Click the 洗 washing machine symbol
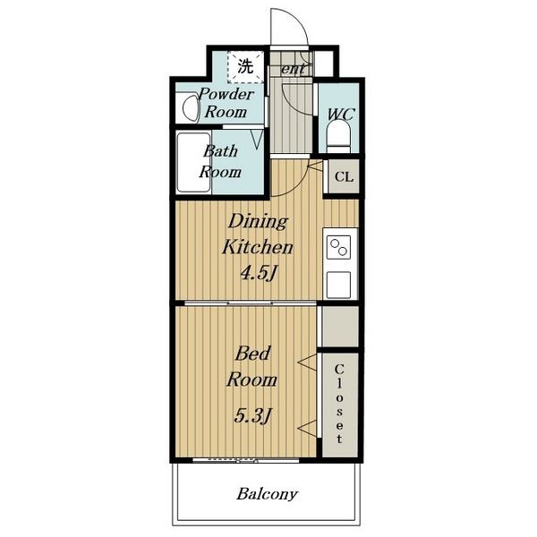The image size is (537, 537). [245, 67]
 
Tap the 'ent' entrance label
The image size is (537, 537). [293, 69]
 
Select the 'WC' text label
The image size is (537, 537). [341, 114]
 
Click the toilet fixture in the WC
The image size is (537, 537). [338, 136]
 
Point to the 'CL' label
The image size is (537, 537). [344, 177]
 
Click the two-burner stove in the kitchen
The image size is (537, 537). [338, 247]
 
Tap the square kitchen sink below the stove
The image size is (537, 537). [338, 285]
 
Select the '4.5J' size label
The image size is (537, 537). [258, 273]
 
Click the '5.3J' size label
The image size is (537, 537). [252, 415]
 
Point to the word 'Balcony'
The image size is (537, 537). [267, 494]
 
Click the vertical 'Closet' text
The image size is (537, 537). [339, 405]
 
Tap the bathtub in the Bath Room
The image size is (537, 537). [193, 162]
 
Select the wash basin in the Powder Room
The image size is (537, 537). [191, 107]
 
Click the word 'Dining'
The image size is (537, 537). [258, 221]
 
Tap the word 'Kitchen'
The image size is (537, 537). [258, 247]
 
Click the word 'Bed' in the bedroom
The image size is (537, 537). [252, 354]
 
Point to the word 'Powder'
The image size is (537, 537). [226, 94]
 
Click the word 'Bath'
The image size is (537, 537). [220, 151]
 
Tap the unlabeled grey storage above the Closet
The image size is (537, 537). [340, 326]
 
